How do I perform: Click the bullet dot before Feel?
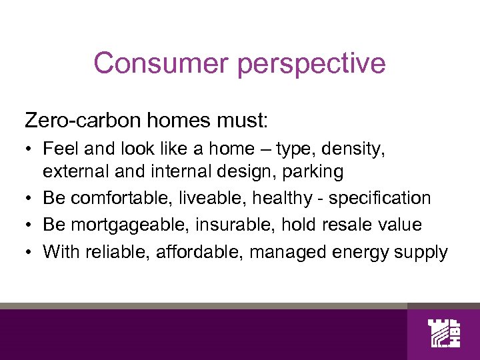[30, 150]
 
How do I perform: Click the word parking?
[313, 171]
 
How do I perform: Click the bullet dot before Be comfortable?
[30, 199]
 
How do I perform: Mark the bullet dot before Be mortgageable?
[30, 225]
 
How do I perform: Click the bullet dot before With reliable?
[30, 252]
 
